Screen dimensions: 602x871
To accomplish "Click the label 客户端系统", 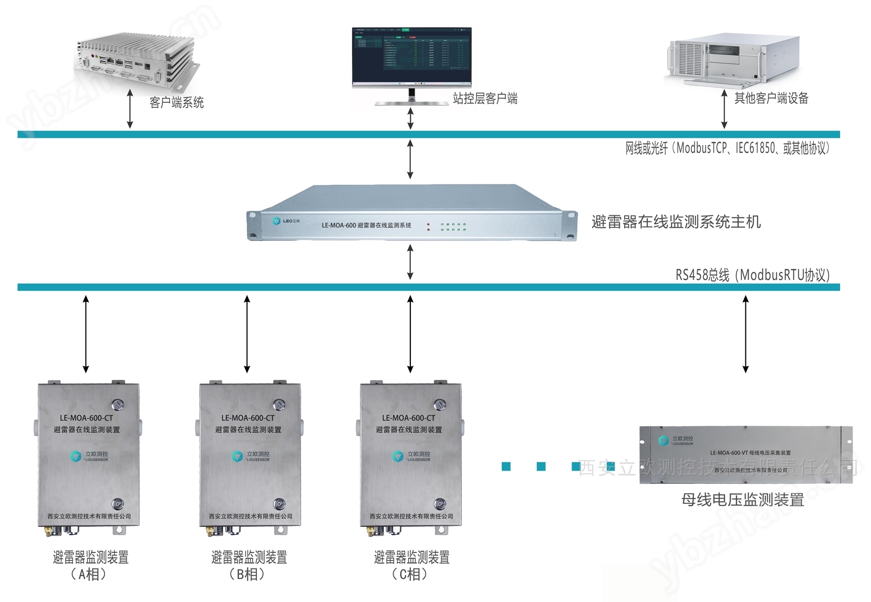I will [177, 102].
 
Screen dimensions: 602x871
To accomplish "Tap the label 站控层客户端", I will [485, 99].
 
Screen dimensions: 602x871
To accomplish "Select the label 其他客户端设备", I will [771, 98].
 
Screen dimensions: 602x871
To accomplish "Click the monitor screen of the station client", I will [411, 56].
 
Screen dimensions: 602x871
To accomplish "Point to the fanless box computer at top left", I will [137, 58].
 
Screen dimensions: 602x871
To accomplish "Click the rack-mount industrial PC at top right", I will [733, 59].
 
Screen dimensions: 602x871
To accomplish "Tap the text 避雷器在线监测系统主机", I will [676, 222].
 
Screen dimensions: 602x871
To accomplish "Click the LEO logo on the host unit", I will [286, 221].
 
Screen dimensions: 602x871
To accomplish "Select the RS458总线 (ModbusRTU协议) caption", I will [752, 275].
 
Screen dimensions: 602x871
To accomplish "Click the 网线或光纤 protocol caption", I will [727, 149].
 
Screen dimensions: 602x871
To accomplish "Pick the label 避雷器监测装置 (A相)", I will [90, 565].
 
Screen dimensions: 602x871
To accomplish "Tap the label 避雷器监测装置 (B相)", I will [248, 565].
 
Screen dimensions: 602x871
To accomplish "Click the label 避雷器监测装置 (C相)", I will [411, 565].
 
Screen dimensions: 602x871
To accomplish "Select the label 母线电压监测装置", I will [742, 500].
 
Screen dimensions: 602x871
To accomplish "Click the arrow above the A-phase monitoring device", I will [86, 334].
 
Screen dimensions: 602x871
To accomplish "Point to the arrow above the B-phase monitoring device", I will [247, 334].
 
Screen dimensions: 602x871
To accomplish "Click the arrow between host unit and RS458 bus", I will [410, 262].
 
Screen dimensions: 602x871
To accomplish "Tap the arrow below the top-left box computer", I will [130, 109].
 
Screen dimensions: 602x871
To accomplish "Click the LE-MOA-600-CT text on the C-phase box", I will [408, 418].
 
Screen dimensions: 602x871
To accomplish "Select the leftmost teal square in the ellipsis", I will [506, 466].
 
